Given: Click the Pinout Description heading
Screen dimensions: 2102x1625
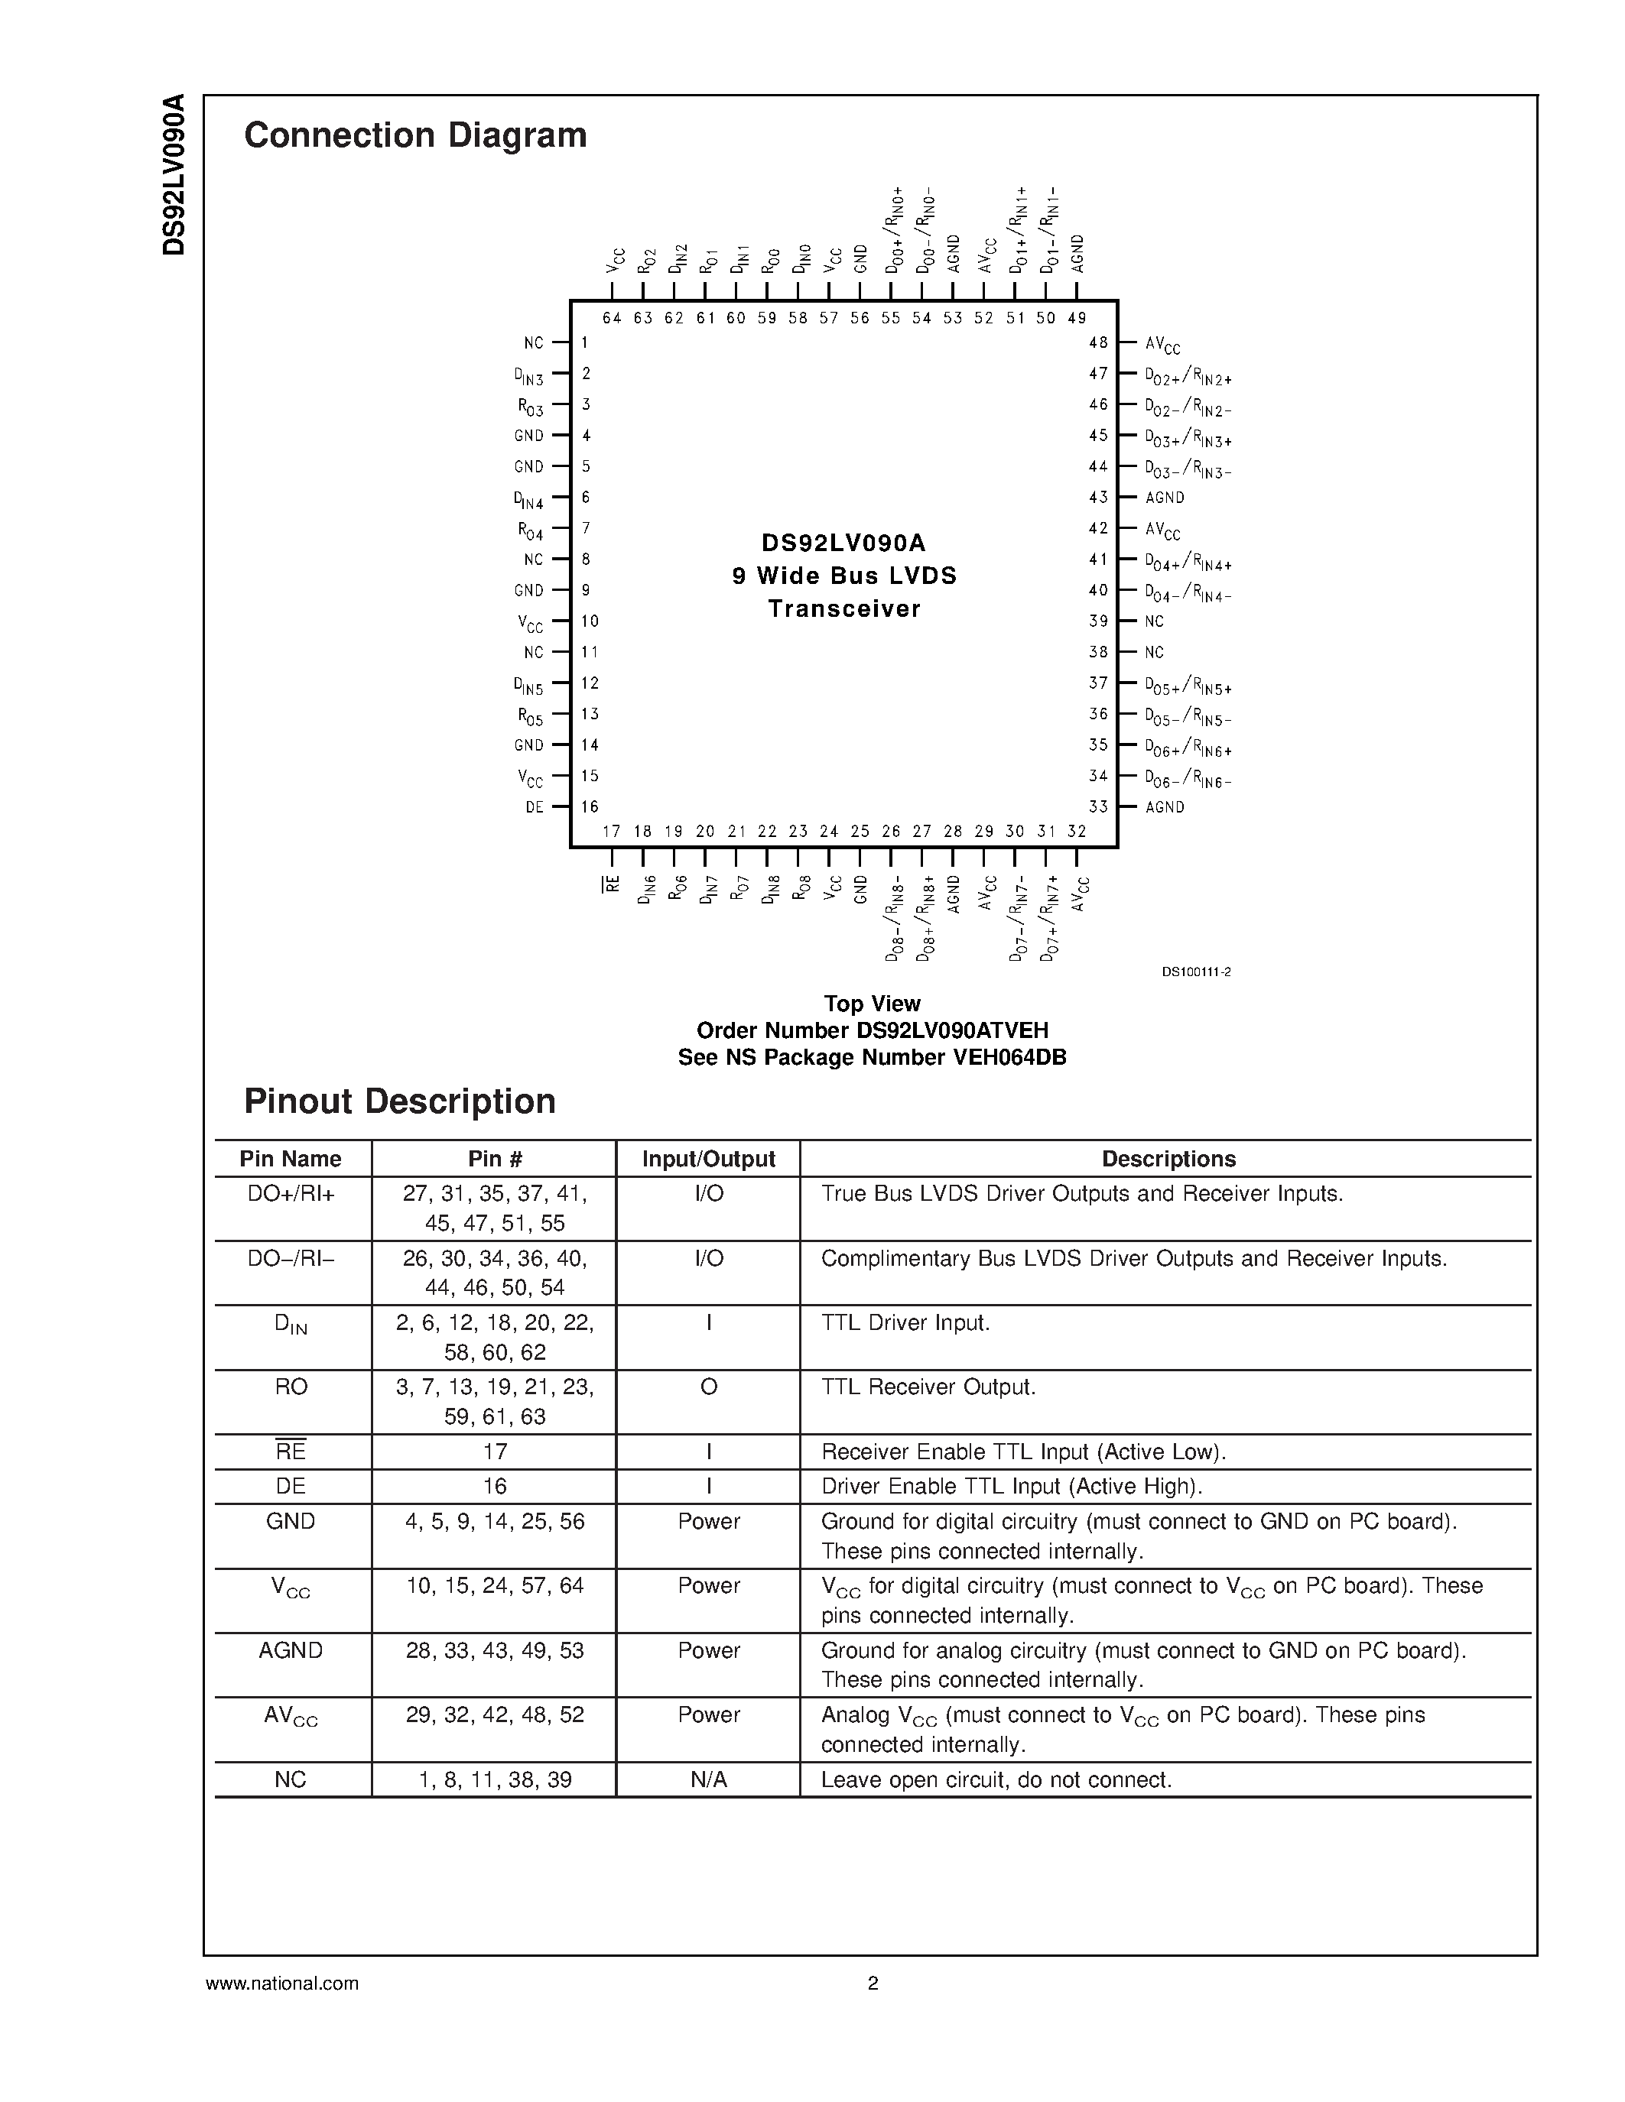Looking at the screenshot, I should [x=399, y=1101].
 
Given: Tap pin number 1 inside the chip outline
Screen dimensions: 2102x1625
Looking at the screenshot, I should [x=584, y=342].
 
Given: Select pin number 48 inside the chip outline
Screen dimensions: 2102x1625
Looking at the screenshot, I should [x=1097, y=342].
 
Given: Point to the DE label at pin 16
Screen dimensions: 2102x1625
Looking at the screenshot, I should [x=535, y=807].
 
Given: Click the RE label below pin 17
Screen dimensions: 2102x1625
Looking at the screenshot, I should [x=611, y=884].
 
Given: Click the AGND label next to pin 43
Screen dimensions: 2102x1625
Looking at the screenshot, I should [x=1165, y=498].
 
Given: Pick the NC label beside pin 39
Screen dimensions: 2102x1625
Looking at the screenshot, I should [x=1154, y=621].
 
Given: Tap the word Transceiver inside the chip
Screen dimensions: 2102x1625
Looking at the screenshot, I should [x=844, y=609].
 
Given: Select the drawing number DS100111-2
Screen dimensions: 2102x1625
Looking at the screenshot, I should [x=1196, y=972].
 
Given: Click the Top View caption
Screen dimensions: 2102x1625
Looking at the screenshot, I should [x=873, y=1004].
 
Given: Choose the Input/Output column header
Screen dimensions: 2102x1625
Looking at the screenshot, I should [x=709, y=1160].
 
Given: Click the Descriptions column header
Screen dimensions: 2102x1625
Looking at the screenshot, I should [x=1168, y=1160].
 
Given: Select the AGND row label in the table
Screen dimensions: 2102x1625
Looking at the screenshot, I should [x=291, y=1650].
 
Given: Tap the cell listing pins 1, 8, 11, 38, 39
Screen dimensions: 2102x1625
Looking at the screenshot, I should [x=495, y=1780].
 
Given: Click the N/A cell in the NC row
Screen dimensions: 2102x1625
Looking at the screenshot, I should [x=709, y=1780].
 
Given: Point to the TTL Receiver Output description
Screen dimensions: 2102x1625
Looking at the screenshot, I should [x=928, y=1387].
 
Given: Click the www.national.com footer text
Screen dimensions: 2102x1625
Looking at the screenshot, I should [x=282, y=1983].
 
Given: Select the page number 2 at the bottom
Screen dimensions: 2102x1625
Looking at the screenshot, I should [x=873, y=1983].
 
